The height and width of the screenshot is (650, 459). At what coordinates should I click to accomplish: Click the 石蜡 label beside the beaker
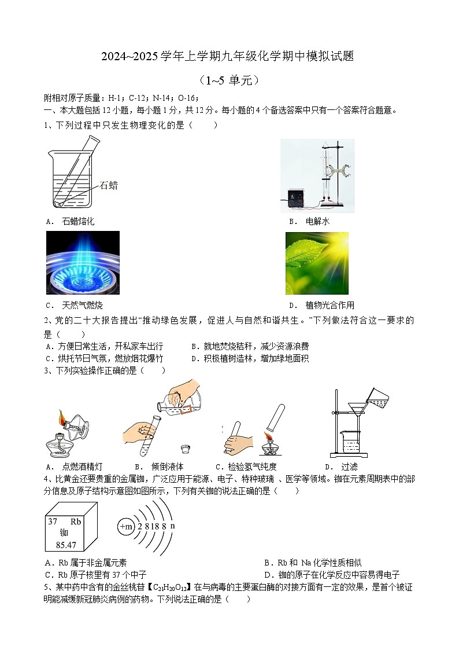pyautogui.click(x=109, y=185)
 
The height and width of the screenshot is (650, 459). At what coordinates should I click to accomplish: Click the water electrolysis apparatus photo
pyautogui.click(x=317, y=176)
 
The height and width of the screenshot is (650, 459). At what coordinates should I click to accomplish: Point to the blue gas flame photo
pyautogui.click(x=83, y=263)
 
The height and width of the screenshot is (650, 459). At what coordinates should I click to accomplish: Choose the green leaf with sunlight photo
pyautogui.click(x=317, y=263)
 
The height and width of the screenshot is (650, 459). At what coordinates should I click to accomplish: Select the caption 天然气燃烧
pyautogui.click(x=82, y=305)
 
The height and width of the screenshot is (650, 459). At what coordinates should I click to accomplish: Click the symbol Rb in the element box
pyautogui.click(x=76, y=521)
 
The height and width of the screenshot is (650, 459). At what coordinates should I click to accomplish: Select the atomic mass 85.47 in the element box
pyautogui.click(x=64, y=545)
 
